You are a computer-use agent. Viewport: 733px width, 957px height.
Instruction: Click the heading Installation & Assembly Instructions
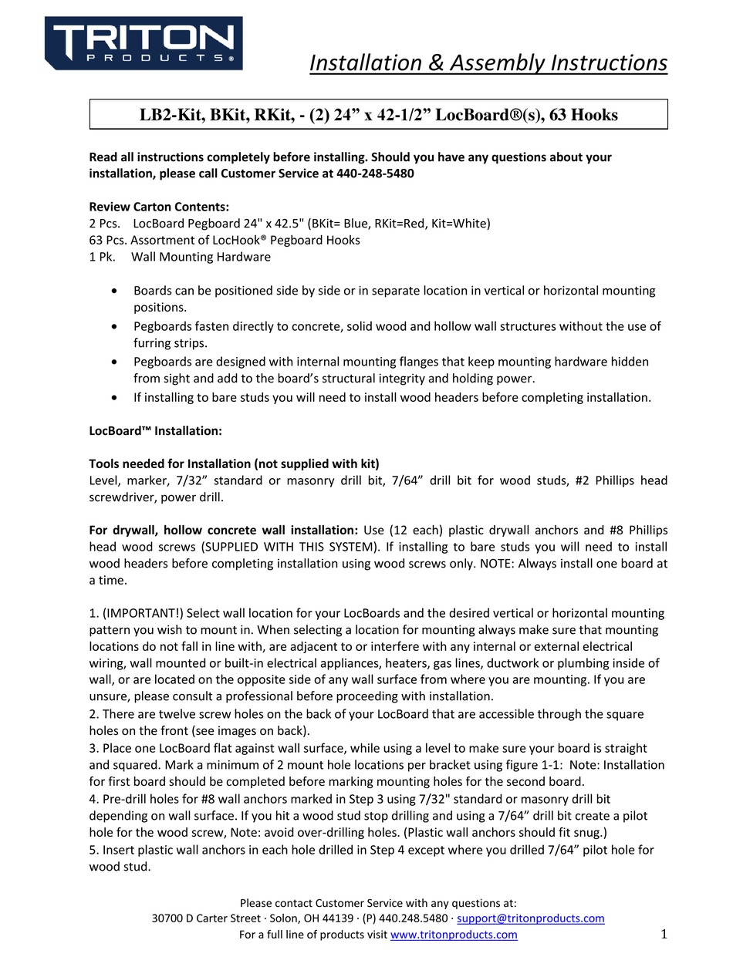tap(488, 62)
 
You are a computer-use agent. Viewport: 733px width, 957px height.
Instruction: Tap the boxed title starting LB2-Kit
tap(378, 115)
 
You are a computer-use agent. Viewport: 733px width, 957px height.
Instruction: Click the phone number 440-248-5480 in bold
tap(375, 174)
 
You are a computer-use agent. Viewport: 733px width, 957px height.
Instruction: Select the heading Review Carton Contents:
tap(159, 207)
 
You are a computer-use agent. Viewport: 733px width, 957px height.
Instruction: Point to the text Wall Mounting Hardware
tap(201, 257)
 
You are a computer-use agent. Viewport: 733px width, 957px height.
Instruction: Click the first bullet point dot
tap(115, 291)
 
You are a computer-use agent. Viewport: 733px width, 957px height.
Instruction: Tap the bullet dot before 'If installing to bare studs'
tap(115, 397)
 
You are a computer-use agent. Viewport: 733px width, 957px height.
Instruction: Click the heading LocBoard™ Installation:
tap(155, 431)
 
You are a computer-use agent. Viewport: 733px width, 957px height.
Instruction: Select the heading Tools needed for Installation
tap(234, 463)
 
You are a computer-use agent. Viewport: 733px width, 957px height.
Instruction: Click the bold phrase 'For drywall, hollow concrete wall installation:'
tap(224, 530)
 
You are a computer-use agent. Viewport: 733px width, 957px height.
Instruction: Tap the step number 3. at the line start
tap(94, 748)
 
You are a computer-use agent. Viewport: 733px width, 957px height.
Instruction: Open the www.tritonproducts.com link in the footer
tap(454, 935)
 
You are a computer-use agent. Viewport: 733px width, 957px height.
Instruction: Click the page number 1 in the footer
tap(664, 935)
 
